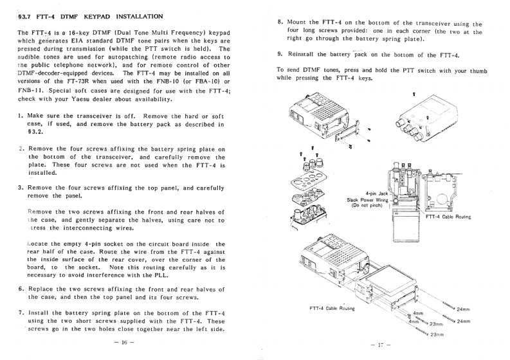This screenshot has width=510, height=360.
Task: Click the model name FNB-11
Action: (29, 88)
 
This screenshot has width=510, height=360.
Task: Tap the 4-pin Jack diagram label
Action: (378, 193)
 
